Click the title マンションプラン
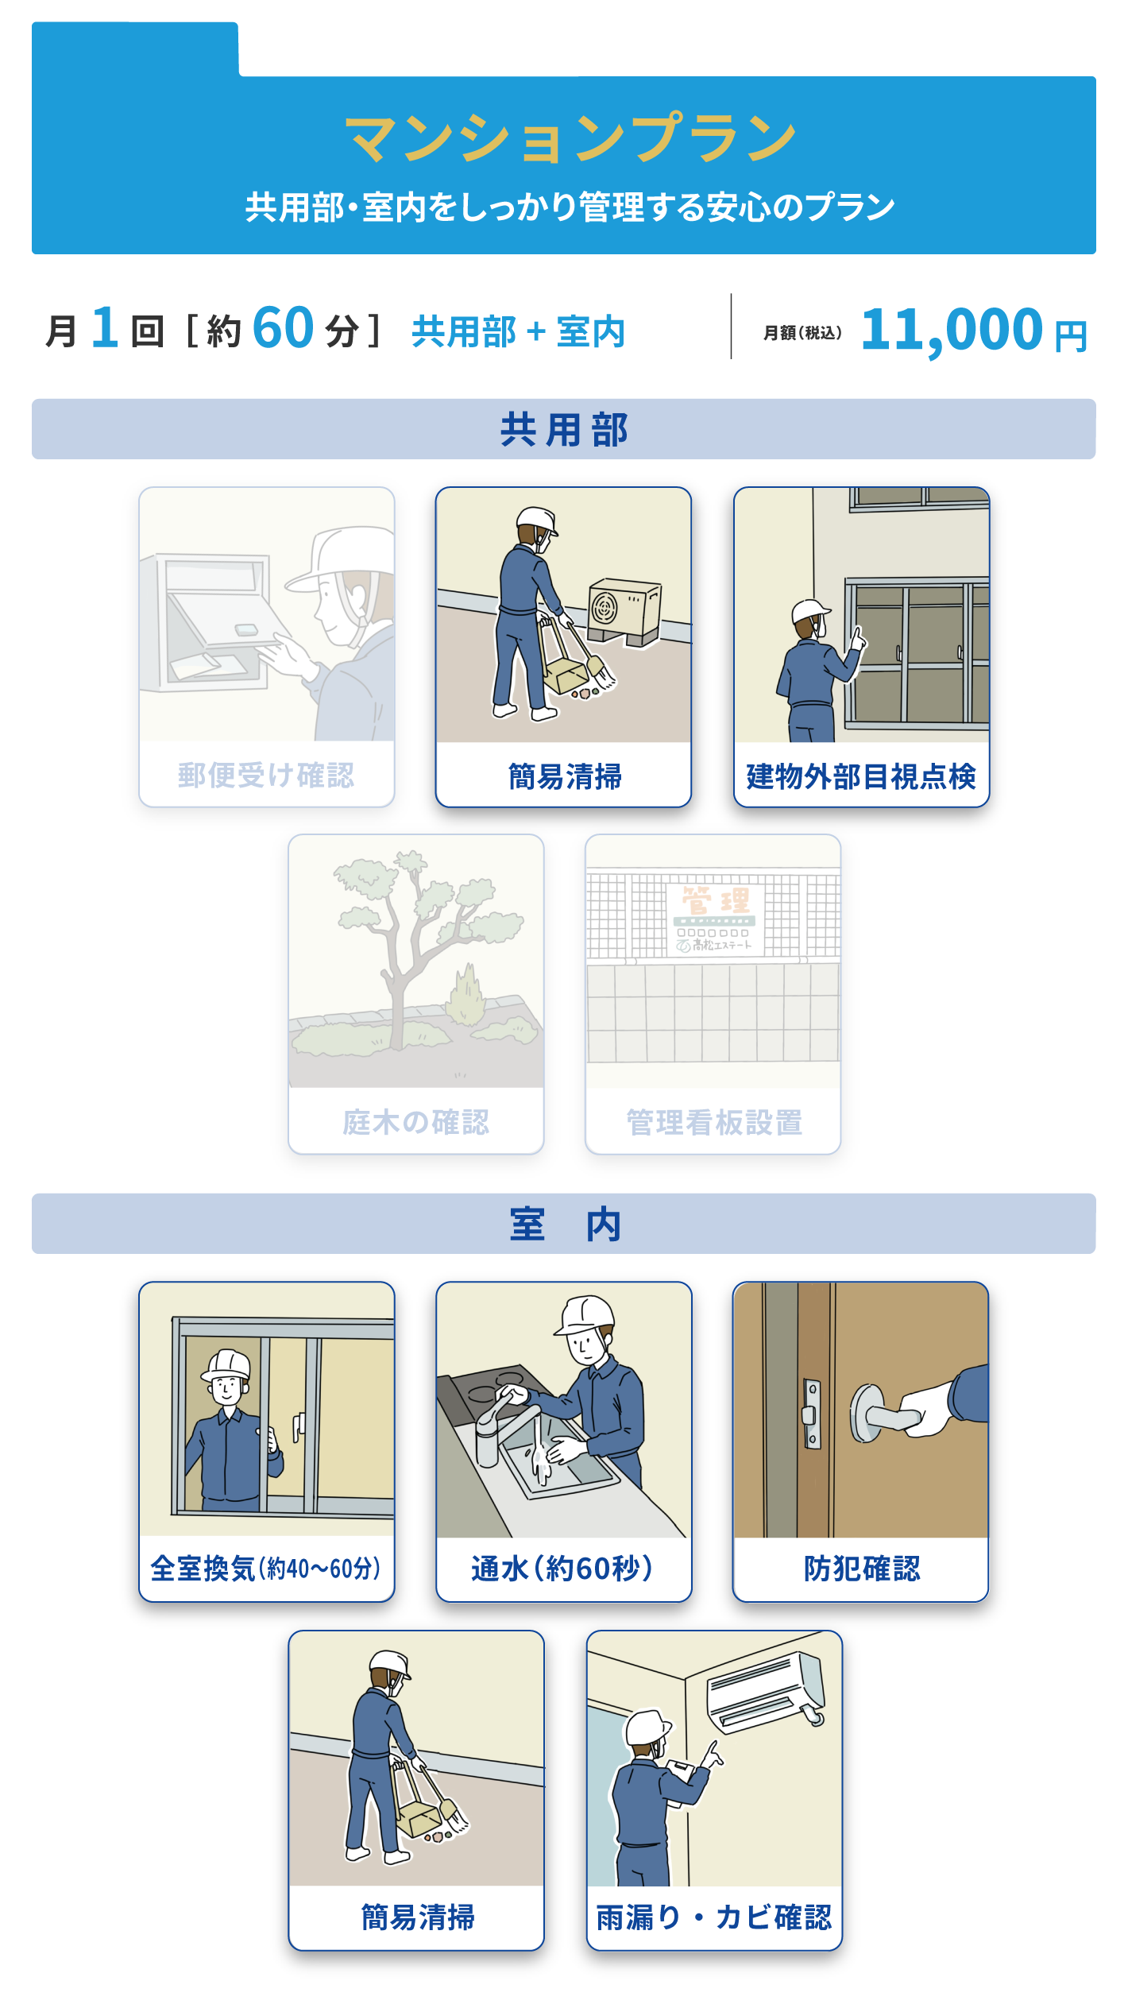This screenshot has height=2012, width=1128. (570, 138)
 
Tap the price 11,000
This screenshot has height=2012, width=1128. (952, 329)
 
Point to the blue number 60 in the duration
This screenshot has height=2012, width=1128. (284, 327)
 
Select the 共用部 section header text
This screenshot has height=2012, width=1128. (564, 430)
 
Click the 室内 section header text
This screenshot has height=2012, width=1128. (565, 1224)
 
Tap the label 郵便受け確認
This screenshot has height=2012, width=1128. (266, 776)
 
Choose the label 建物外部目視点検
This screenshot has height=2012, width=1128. (861, 776)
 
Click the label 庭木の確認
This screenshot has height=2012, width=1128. (415, 1122)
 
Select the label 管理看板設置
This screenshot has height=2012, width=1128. (713, 1122)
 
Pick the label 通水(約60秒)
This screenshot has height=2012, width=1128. (562, 1569)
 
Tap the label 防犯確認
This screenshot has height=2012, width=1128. (861, 1569)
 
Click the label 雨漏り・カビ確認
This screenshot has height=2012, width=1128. (713, 1917)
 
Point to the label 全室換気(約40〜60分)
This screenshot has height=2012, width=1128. (266, 1569)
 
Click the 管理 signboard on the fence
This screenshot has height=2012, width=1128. (715, 919)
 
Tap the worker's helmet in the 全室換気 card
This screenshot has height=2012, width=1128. (227, 1365)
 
